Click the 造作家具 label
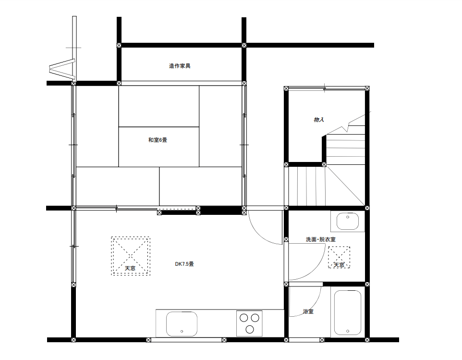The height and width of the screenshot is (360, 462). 180,66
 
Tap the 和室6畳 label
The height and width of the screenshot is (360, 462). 158,140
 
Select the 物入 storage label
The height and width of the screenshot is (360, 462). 319,119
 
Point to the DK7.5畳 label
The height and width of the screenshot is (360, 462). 184,264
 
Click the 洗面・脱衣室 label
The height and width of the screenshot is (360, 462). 321,239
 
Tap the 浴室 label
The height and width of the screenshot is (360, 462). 308,311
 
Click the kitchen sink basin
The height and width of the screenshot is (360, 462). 182,324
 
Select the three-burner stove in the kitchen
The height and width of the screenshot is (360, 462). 249,323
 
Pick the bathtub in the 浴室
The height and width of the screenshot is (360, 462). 348,312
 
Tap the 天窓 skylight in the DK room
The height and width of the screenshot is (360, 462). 131,256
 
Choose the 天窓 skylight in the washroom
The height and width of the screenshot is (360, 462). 339,257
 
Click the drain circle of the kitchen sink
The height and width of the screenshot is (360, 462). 182,331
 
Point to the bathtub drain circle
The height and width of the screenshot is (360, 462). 348,331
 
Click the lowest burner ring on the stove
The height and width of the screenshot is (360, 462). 250,329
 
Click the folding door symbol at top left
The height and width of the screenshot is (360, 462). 62,69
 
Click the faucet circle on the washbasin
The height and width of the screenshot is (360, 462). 348,217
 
